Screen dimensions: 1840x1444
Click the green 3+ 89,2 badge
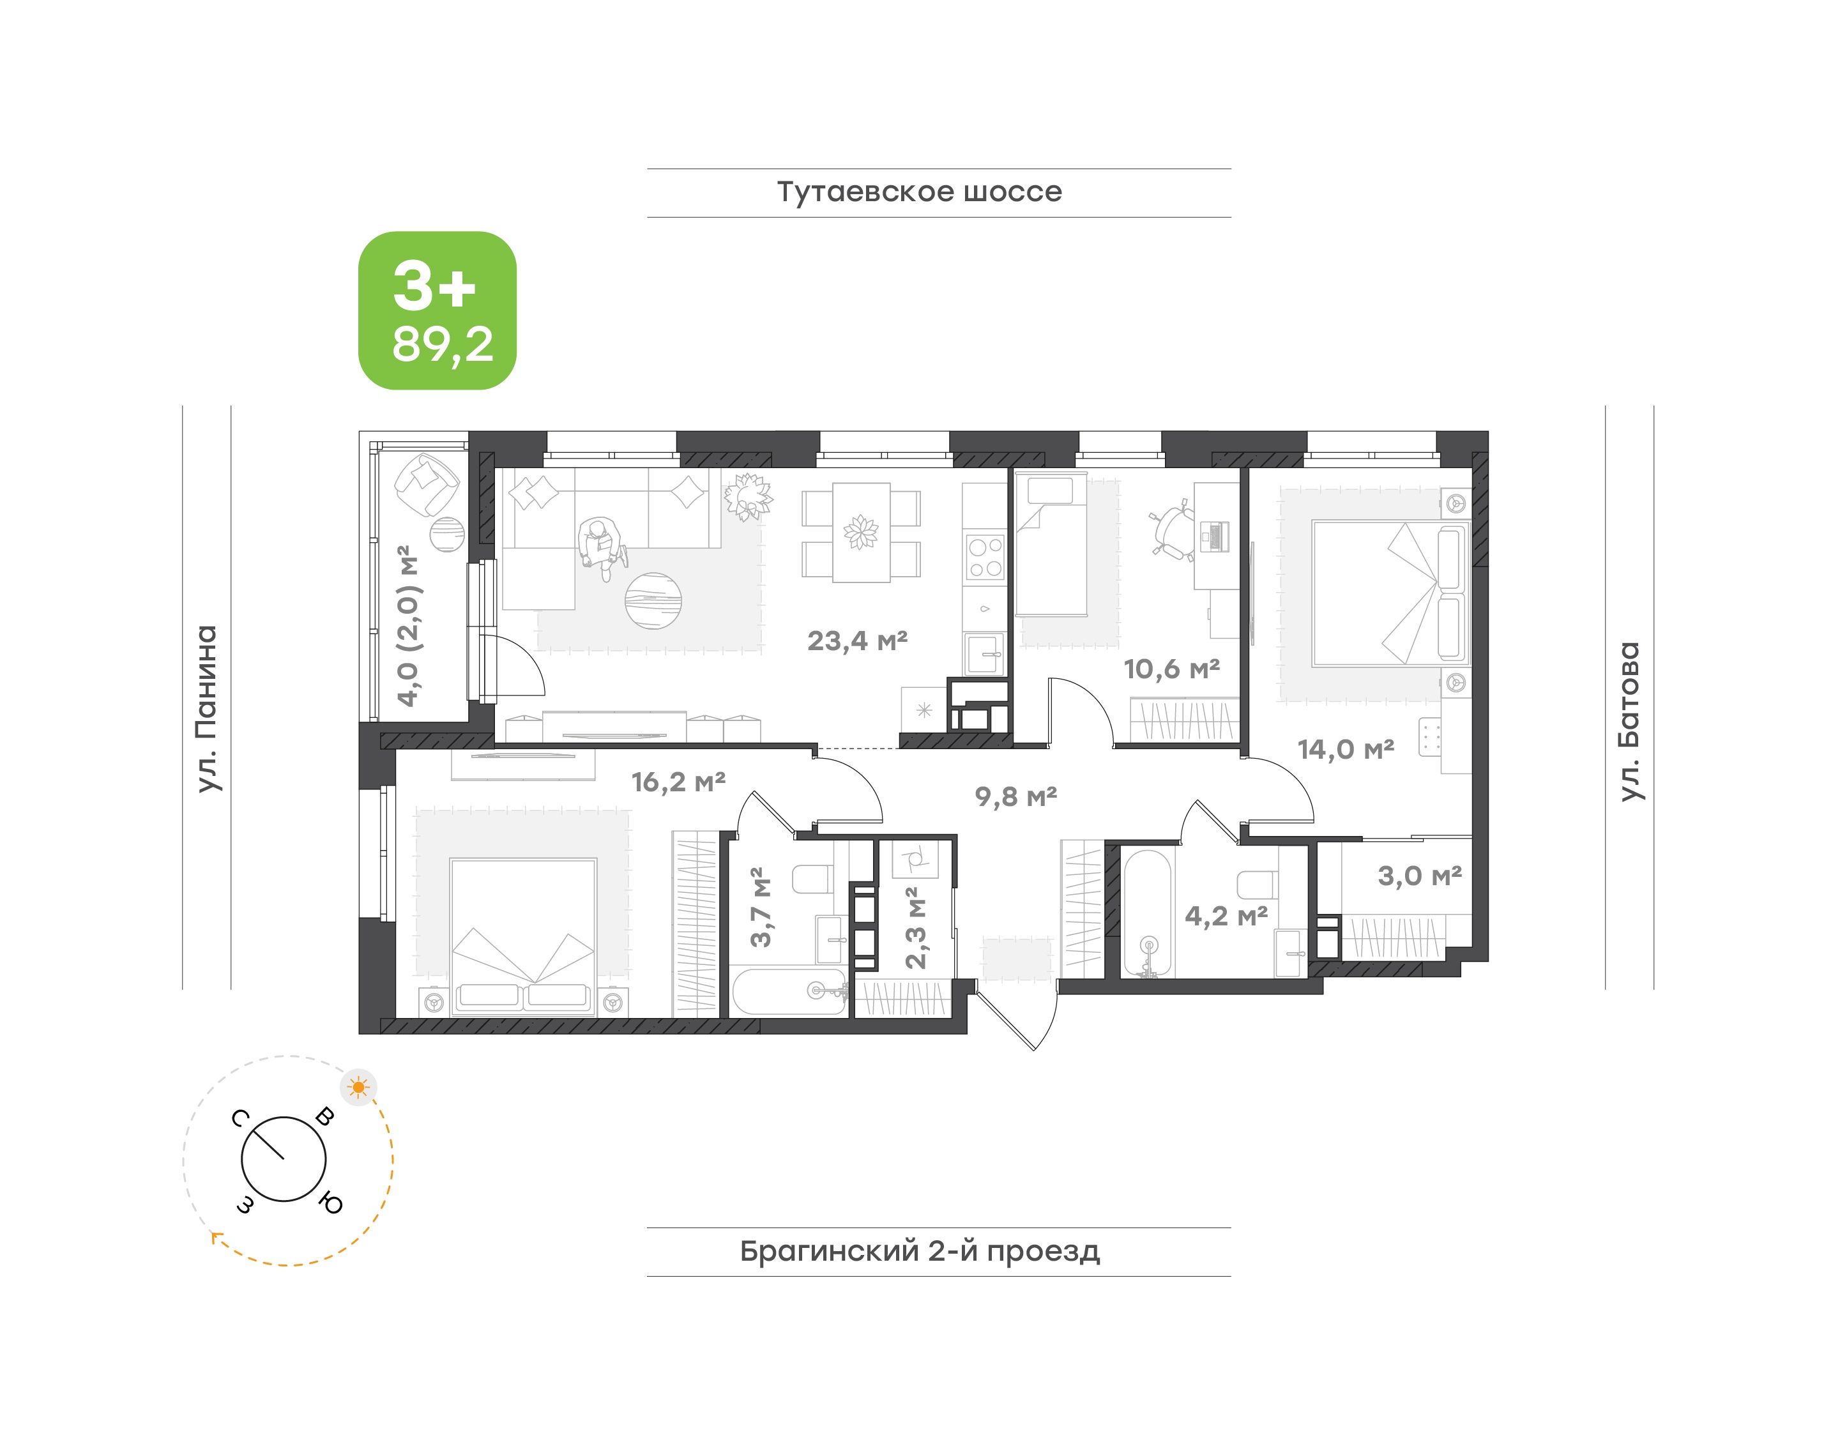coord(437,310)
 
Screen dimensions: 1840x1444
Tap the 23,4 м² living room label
coord(858,641)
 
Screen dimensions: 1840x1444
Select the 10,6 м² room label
coord(1171,669)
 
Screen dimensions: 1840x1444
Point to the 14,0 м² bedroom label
coord(1345,749)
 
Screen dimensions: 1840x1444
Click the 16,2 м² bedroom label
coord(678,782)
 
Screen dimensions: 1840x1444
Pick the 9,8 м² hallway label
coord(1015,796)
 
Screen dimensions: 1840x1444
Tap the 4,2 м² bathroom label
coord(1226,916)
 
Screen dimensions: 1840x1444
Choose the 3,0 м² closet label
coord(1420,876)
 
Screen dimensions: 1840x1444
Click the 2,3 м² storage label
coord(916,927)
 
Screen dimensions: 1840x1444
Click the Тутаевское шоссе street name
coord(919,192)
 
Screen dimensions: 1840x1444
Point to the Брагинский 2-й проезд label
coord(920,1251)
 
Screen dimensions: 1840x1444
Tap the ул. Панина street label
coord(207,708)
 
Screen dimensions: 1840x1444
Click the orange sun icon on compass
coord(358,1087)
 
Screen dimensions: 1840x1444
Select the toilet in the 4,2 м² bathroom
coord(1258,883)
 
